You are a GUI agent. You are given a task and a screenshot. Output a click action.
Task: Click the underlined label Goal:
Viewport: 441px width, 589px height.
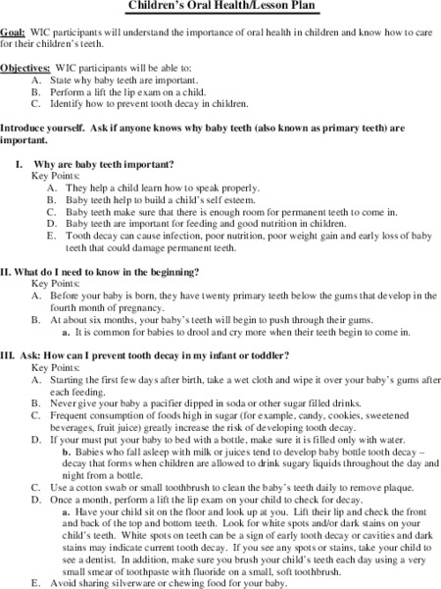(x=14, y=31)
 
